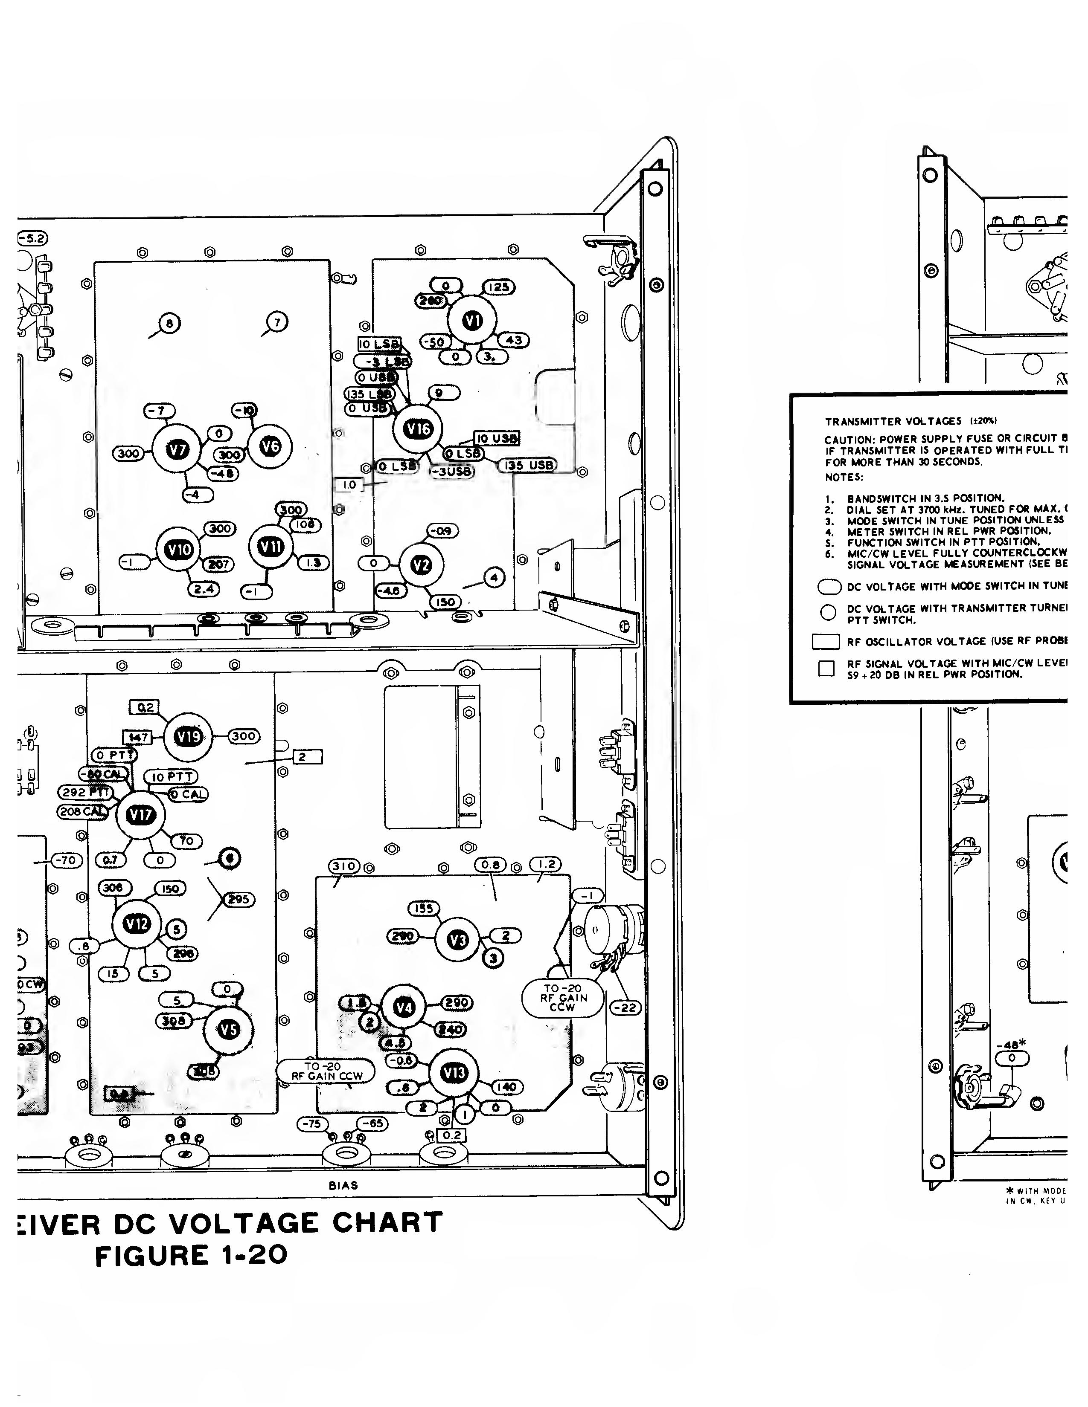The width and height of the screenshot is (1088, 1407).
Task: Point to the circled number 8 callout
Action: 169,324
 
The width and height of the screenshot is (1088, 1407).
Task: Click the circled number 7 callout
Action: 277,322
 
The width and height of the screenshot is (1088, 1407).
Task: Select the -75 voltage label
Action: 313,1123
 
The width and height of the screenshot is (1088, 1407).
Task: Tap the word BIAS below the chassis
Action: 343,1185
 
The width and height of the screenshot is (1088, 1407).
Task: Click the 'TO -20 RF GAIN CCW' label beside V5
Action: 326,1071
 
